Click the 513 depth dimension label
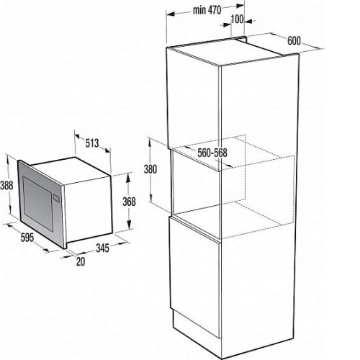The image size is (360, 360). pos(92,143)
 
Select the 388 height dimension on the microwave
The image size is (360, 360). pos(6,185)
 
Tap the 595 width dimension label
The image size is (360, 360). pos(27,238)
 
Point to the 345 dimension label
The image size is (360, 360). pos(102,248)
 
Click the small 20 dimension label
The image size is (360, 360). pos(81,261)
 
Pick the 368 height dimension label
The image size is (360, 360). pos(129,202)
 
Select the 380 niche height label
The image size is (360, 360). pos(150,169)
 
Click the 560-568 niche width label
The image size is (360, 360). pos(212,153)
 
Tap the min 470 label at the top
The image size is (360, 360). pos(207,10)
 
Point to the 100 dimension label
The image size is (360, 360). pos(238,19)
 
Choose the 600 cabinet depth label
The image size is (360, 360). pos(294,40)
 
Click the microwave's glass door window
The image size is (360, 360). pos(37,203)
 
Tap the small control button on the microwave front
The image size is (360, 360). pos(56,198)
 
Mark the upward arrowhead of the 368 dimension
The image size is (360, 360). pos(129,177)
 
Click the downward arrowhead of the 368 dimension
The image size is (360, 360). pos(129,225)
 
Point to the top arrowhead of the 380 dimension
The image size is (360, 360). pos(150,142)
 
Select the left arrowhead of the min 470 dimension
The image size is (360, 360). pos(170,14)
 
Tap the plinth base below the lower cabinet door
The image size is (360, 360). pos(197,322)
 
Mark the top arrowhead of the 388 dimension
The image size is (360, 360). pos(9,158)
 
